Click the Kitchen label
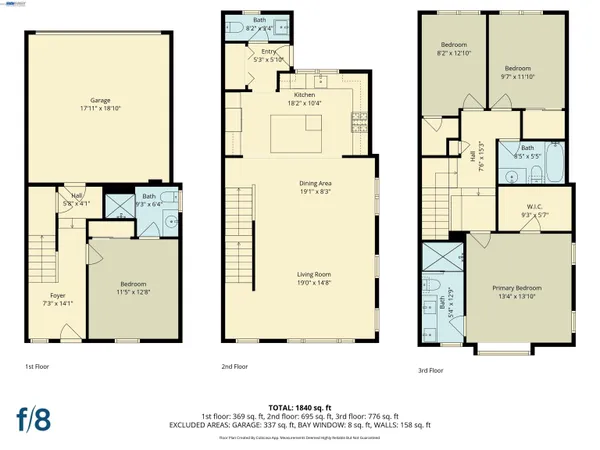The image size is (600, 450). tap(304, 96)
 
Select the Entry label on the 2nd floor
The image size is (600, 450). tap(268, 51)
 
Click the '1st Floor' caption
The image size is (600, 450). tap(37, 367)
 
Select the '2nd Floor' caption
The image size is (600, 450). tap(234, 367)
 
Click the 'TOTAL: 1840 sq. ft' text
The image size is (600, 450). tap(301, 407)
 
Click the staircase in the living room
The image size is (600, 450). tap(241, 220)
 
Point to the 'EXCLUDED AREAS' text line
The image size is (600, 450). tap(301, 425)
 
